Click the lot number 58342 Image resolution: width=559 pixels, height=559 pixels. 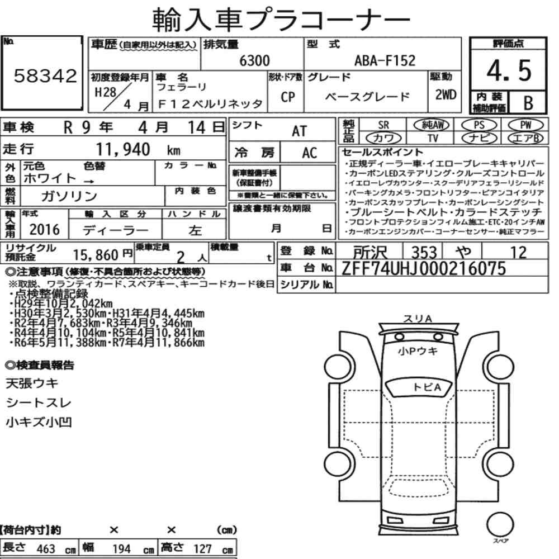pos(45,76)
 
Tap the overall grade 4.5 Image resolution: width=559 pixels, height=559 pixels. pos(509,70)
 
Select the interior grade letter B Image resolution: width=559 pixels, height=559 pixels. pos(528,103)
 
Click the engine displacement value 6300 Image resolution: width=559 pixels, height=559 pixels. pos(254,61)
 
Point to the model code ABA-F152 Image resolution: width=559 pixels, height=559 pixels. pos(385,60)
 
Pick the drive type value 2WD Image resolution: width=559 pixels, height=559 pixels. pos(446,95)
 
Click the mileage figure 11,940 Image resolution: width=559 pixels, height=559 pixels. pos(123,150)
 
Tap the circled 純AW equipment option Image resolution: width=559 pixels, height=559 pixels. pos(432,125)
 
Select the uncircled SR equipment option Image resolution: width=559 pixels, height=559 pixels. pos(383,125)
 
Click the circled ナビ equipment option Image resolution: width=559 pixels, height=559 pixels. pos(479,138)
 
